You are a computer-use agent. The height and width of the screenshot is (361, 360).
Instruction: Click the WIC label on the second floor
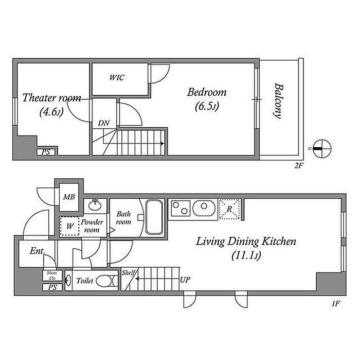click(117, 77)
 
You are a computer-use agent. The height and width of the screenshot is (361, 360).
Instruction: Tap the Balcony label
click(279, 101)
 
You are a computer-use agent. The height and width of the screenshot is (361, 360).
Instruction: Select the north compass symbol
click(322, 149)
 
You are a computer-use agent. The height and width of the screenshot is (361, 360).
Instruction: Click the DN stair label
click(104, 123)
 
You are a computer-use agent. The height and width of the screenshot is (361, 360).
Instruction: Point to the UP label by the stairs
click(185, 280)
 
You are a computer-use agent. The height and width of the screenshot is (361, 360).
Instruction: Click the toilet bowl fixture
click(106, 281)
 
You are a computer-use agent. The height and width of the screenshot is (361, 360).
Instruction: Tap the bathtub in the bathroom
click(154, 217)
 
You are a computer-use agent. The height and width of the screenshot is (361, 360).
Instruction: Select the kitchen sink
click(204, 209)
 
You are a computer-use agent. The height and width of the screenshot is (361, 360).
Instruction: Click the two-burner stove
click(181, 208)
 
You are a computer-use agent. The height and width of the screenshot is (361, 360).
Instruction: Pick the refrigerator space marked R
click(229, 209)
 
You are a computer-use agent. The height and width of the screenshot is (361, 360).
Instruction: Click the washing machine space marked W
click(69, 226)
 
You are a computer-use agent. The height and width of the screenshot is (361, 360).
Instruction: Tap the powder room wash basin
click(95, 205)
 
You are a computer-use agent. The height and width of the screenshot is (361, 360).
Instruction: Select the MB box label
click(69, 197)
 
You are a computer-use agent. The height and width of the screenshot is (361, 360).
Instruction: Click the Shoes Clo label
click(52, 276)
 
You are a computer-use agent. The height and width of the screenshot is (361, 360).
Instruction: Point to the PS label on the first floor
click(52, 287)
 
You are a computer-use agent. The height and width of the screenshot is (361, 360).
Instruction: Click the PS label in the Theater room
click(46, 152)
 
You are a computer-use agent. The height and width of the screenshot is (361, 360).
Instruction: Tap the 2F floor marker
click(299, 165)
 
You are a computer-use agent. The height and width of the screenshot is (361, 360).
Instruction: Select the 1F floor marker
click(335, 304)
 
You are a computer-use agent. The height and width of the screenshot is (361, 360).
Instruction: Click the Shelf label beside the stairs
click(128, 272)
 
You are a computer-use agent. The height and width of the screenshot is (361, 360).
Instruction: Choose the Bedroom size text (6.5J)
click(207, 106)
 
